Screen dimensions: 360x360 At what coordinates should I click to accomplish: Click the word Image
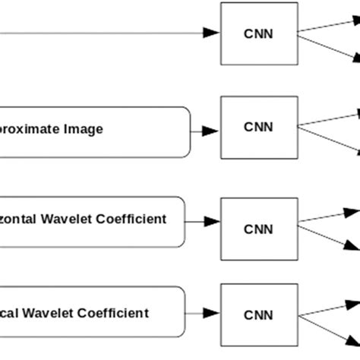[81, 130]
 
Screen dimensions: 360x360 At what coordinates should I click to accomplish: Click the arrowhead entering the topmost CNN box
[212, 33]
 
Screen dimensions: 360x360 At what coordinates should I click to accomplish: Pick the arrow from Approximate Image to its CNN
[203, 131]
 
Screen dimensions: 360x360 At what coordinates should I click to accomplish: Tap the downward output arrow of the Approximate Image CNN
[328, 141]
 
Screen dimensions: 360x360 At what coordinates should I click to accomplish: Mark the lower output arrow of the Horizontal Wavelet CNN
[328, 235]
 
